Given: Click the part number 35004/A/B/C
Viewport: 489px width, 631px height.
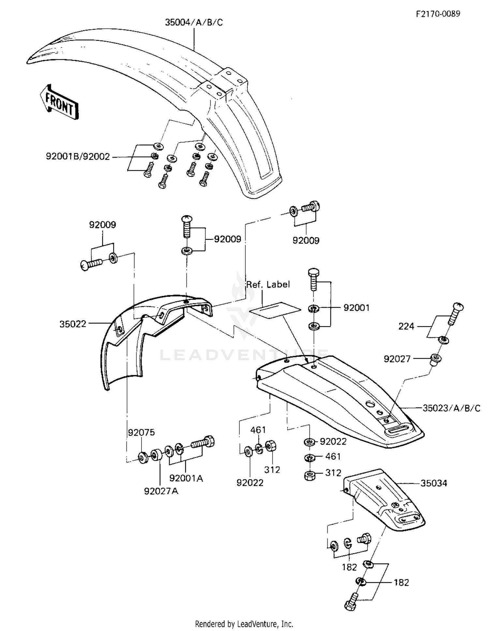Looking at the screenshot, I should pos(194,22).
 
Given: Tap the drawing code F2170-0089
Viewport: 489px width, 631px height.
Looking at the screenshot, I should pos(438,14).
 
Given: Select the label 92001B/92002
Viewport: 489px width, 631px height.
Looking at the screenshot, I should pos(78,157).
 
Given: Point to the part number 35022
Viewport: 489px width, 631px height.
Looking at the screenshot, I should pos(73,324).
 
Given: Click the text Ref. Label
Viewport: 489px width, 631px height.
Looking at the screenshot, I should pos(268,284).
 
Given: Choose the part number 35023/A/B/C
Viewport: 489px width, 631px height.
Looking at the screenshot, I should pos(452,408).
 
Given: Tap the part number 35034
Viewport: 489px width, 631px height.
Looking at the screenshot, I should pos(434,483).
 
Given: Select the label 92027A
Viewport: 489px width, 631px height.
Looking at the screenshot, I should pos(161,491).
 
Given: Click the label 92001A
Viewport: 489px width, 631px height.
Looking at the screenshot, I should pos(186,478).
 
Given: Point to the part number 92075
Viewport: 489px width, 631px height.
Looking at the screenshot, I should pos(141,433).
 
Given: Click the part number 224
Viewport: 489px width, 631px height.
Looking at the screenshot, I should pos(406,326).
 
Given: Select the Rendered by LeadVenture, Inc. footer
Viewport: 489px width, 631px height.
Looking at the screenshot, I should pos(244,624).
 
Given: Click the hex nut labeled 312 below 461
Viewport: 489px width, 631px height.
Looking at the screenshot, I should pos(309,476).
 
